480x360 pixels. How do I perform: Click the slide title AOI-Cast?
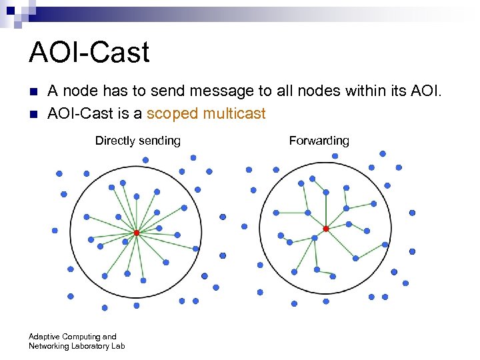(x=89, y=53)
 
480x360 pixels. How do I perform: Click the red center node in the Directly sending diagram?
(x=136, y=233)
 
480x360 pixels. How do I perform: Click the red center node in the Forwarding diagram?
(x=326, y=229)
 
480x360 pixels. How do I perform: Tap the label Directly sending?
(x=137, y=141)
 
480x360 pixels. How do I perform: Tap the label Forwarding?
(x=319, y=141)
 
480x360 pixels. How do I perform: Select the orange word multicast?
(x=234, y=114)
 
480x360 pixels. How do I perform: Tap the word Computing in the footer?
(x=82, y=337)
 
